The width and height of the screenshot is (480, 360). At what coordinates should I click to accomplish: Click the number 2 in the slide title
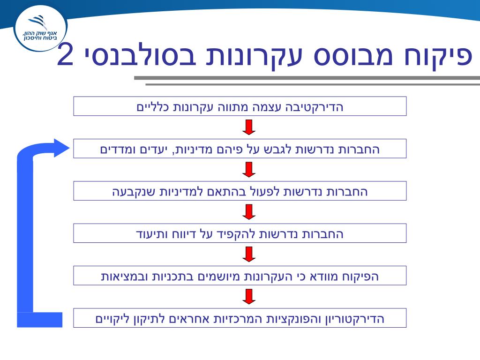click(x=66, y=56)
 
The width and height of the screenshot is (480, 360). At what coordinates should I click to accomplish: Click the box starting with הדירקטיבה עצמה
click(x=240, y=106)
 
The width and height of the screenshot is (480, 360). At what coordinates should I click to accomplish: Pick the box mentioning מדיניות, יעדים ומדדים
click(x=240, y=149)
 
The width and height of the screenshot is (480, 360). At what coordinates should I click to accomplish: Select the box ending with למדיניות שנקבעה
click(x=240, y=191)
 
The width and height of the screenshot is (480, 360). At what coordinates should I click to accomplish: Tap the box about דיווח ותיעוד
click(x=240, y=233)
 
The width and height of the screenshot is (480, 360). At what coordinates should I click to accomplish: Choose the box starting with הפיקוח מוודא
click(x=240, y=276)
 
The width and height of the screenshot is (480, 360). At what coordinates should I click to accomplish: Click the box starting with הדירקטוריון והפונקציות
click(x=240, y=318)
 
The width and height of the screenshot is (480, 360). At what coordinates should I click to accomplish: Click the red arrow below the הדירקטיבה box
click(x=249, y=127)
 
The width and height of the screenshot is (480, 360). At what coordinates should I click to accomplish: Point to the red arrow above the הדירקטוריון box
click(x=249, y=296)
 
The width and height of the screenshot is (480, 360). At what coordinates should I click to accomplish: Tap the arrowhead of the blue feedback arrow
click(x=60, y=148)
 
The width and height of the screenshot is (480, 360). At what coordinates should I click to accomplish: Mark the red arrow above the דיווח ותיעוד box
click(x=249, y=212)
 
